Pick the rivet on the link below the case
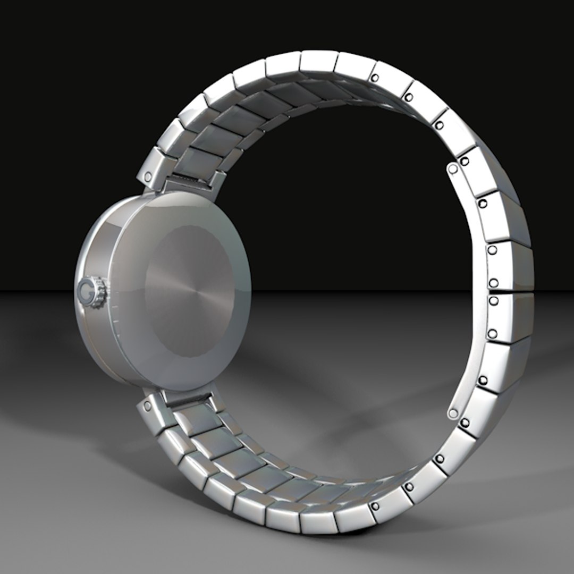(x=147, y=407)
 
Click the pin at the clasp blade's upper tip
(x=452, y=169)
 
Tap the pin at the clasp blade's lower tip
(x=453, y=413)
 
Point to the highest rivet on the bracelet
(x=375, y=78)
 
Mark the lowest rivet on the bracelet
(x=376, y=506)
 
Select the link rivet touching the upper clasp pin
(x=464, y=161)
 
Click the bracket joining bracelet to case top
(x=189, y=183)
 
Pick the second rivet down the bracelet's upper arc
(x=408, y=97)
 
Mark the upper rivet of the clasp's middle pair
(x=493, y=282)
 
